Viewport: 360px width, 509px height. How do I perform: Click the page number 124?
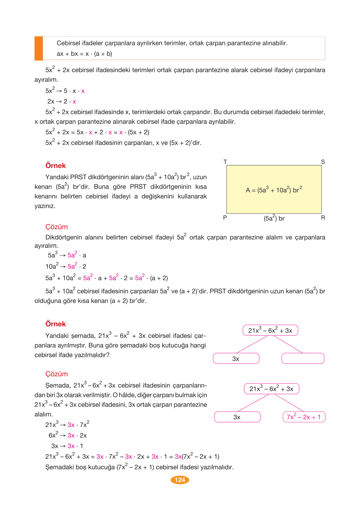tap(180, 480)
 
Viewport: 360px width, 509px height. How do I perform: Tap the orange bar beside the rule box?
tap(39, 48)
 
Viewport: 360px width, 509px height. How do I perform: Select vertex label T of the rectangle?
tap(225, 162)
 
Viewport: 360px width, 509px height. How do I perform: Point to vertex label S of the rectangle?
tap(323, 162)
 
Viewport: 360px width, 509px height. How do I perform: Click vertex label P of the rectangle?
tap(225, 218)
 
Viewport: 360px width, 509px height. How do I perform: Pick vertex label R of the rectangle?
tap(323, 218)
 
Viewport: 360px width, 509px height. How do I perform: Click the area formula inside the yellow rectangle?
tap(274, 190)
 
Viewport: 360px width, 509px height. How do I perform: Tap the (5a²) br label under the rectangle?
tap(274, 218)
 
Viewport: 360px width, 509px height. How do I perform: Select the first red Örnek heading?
tap(55, 166)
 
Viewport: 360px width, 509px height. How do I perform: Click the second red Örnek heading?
tap(55, 324)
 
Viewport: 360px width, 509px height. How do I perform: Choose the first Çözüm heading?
tap(56, 227)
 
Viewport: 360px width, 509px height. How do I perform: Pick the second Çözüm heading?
tap(56, 374)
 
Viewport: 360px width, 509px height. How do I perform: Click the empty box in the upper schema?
tap(303, 358)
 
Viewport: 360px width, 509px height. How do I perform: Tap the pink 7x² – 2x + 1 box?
tap(304, 417)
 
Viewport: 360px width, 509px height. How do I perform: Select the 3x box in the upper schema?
tap(236, 359)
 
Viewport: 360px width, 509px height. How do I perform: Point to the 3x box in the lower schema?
tap(237, 417)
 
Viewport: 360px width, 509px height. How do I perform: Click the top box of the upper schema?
tap(270, 330)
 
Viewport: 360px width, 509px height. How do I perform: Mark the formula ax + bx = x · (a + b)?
tap(84, 54)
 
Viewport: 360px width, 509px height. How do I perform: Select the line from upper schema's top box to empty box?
tap(288, 344)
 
